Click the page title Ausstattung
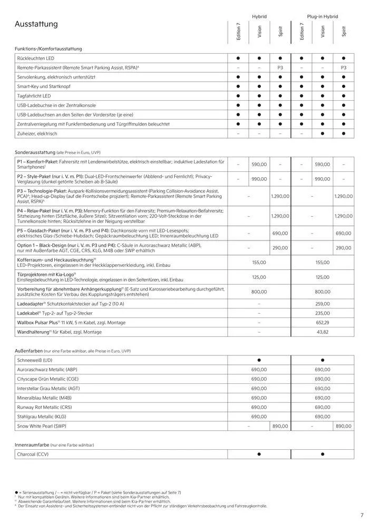click(36, 24)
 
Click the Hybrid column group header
click(259, 17)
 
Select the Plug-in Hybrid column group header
click(322, 17)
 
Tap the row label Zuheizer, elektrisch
click(37, 133)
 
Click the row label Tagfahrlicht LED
click(34, 96)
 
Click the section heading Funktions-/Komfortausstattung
click(48, 49)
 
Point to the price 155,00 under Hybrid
click(259, 262)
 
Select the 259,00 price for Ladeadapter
click(322, 304)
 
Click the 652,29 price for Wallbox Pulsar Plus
click(322, 322)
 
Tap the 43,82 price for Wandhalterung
click(322, 332)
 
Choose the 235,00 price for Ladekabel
click(322, 313)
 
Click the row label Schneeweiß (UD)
click(35, 360)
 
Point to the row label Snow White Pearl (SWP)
click(42, 426)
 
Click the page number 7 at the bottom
click(362, 515)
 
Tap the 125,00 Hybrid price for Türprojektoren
click(259, 277)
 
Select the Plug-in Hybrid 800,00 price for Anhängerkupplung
click(322, 292)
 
